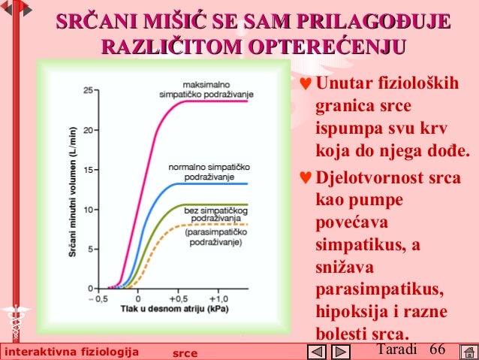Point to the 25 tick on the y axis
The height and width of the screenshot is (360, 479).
(89, 89)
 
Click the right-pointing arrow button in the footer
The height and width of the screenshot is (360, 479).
(340, 352)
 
